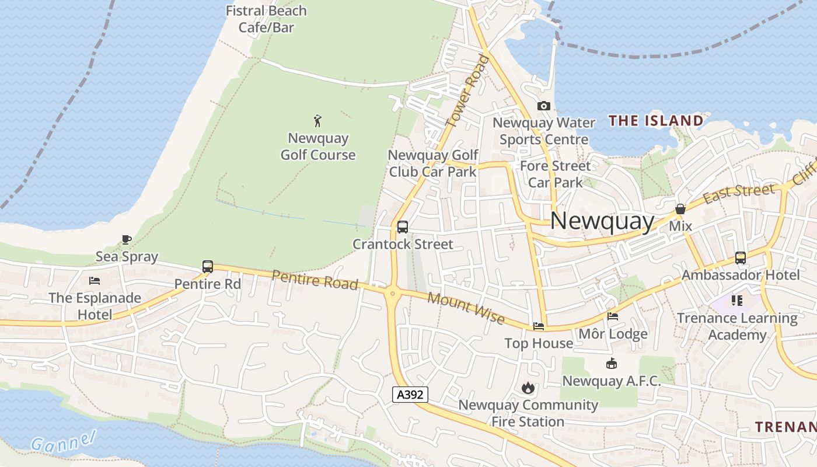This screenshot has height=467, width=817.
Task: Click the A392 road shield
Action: tap(410, 395)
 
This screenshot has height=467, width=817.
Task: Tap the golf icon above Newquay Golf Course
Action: tap(317, 121)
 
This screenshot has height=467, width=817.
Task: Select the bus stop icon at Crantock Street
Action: tap(402, 227)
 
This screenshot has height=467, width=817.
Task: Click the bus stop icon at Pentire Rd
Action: tap(208, 267)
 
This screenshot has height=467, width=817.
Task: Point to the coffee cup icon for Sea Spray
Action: tap(126, 239)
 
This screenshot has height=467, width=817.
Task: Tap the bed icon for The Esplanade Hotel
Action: tap(95, 281)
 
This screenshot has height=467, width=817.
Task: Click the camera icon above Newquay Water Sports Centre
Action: tap(543, 106)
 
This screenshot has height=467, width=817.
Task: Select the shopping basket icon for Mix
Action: tap(680, 209)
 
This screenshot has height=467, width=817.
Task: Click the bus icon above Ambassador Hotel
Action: tap(740, 257)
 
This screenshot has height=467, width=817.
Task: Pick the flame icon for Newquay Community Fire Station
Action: tap(528, 388)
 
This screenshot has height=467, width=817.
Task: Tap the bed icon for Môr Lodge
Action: tap(612, 316)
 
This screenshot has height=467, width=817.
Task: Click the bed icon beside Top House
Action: tap(538, 326)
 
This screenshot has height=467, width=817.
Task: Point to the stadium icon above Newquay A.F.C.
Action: tap(611, 364)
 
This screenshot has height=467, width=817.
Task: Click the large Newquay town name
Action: tap(602, 221)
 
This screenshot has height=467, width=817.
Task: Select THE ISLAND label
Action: tap(656, 121)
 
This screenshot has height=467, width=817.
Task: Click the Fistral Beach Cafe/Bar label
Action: tap(266, 19)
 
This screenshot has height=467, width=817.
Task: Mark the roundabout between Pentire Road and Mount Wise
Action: tap(392, 294)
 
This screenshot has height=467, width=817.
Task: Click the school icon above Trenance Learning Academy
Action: tap(736, 301)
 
